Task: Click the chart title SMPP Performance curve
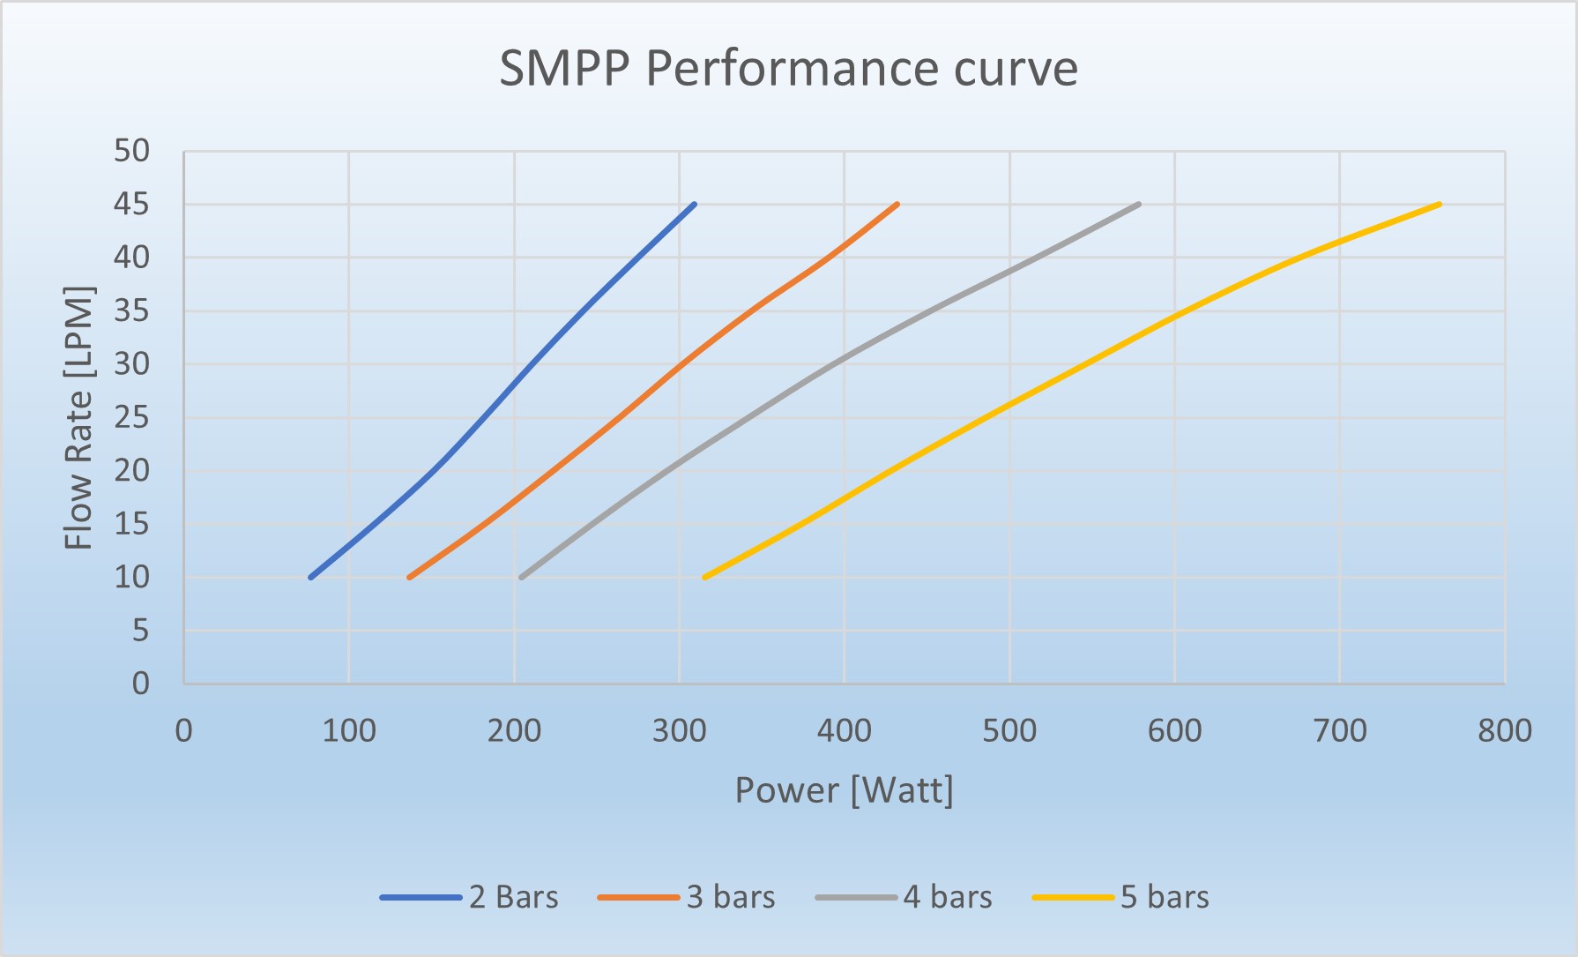[x=788, y=68]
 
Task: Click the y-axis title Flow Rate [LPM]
[x=78, y=417]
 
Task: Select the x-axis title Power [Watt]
[x=844, y=789]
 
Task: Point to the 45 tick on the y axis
[x=131, y=205]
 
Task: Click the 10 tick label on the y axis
[x=131, y=578]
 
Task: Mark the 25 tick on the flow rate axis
[x=131, y=417]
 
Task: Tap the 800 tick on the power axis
[x=1504, y=730]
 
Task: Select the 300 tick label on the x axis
[x=679, y=730]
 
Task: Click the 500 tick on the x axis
[x=1009, y=730]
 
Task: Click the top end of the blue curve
[x=695, y=204]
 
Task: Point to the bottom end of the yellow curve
[x=704, y=577]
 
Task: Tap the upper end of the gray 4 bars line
[x=1139, y=204]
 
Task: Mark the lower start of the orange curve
[x=409, y=577]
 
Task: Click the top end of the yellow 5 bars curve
[x=1439, y=204]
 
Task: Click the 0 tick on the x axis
[x=183, y=730]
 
